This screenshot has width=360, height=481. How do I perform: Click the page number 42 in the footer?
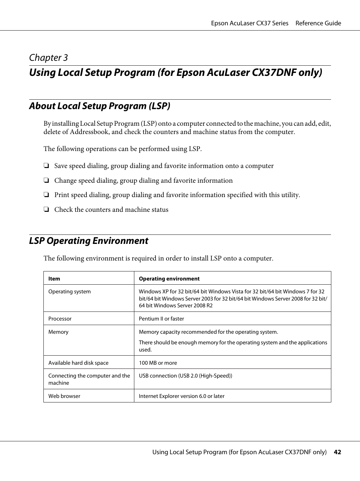337,452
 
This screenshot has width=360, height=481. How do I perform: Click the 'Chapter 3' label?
48,58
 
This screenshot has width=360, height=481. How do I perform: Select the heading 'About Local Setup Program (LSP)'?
100,106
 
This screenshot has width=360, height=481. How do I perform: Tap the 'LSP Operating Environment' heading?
89,241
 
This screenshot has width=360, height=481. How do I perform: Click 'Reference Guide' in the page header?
318,23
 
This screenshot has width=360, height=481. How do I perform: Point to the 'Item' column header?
54,279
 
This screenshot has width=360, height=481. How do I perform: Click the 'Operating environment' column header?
169,279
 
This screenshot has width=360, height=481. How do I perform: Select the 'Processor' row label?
60,319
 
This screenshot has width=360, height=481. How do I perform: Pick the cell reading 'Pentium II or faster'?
162,319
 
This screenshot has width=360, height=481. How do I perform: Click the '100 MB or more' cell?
158,363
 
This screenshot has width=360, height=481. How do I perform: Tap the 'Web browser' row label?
64,396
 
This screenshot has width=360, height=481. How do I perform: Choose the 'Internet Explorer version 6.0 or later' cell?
182,396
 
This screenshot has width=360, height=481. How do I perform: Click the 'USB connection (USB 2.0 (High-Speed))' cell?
185,376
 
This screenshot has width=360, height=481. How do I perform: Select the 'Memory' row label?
58,332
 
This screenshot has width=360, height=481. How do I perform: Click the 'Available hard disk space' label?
78,363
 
